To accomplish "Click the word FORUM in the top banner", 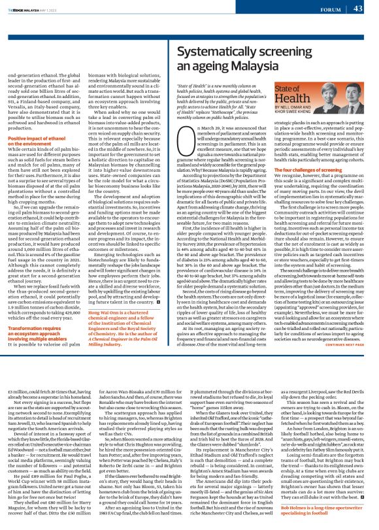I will coord(329,8).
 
